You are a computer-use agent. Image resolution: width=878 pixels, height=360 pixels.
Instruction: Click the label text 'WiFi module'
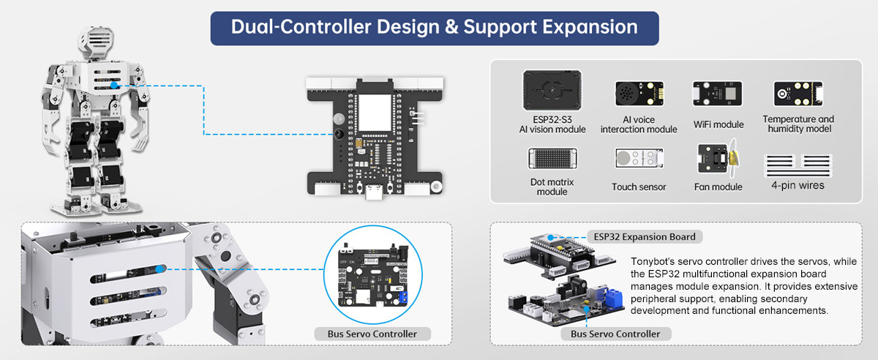718,125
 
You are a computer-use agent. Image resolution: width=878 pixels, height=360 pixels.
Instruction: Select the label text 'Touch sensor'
639,187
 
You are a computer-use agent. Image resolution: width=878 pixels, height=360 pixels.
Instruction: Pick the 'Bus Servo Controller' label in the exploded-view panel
615,334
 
